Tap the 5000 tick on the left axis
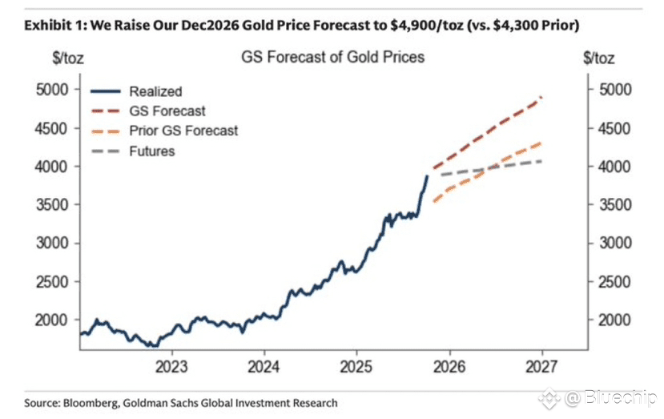tap(54, 90)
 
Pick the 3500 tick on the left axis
tap(54, 205)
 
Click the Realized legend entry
tap(155, 92)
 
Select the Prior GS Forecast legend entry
tap(183, 131)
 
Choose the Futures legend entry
tap(151, 151)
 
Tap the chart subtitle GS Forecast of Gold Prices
tap(332, 58)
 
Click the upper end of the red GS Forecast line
tap(541, 98)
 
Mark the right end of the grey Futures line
tap(541, 162)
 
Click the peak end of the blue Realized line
tap(426, 175)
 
